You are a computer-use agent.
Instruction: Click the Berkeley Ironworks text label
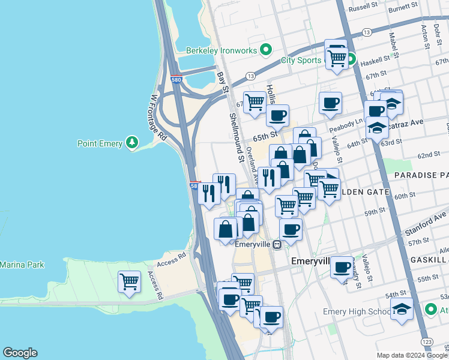click(221, 50)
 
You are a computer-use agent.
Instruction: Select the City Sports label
click(301, 60)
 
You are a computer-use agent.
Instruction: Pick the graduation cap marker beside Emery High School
click(402, 310)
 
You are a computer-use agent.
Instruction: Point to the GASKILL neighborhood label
click(430, 259)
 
